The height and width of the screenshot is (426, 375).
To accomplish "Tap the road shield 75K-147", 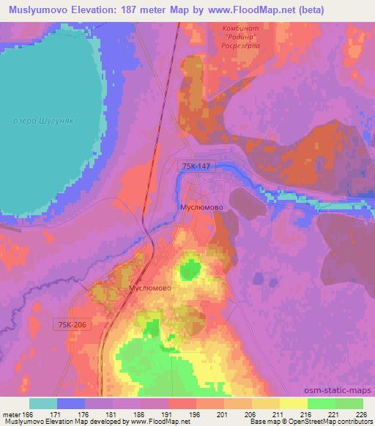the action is coord(196,167).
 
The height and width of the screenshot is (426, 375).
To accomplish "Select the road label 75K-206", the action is coord(71,324).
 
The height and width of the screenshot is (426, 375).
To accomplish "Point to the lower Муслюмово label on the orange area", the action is coord(150,288).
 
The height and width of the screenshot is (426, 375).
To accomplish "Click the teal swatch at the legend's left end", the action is coord(43,403).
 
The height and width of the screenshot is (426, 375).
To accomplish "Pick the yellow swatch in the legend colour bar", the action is coord(293,403).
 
